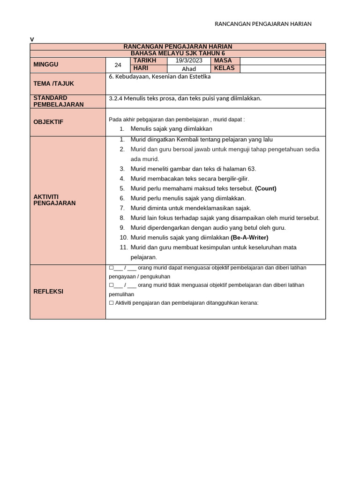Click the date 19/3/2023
[189, 61]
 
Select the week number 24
[118, 65]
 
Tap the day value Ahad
[189, 69]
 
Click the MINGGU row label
[46, 64]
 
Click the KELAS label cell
[224, 68]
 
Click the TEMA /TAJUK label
[53, 83]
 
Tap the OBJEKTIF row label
[48, 122]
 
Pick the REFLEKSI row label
[48, 291]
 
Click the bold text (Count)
[266, 188]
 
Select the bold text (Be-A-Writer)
[249, 238]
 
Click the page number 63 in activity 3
[251, 169]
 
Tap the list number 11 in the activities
[124, 247]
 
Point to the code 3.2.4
[115, 98]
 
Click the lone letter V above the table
[32, 39]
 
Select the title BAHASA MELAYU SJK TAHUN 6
[178, 53]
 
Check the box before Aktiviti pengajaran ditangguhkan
[111, 303]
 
